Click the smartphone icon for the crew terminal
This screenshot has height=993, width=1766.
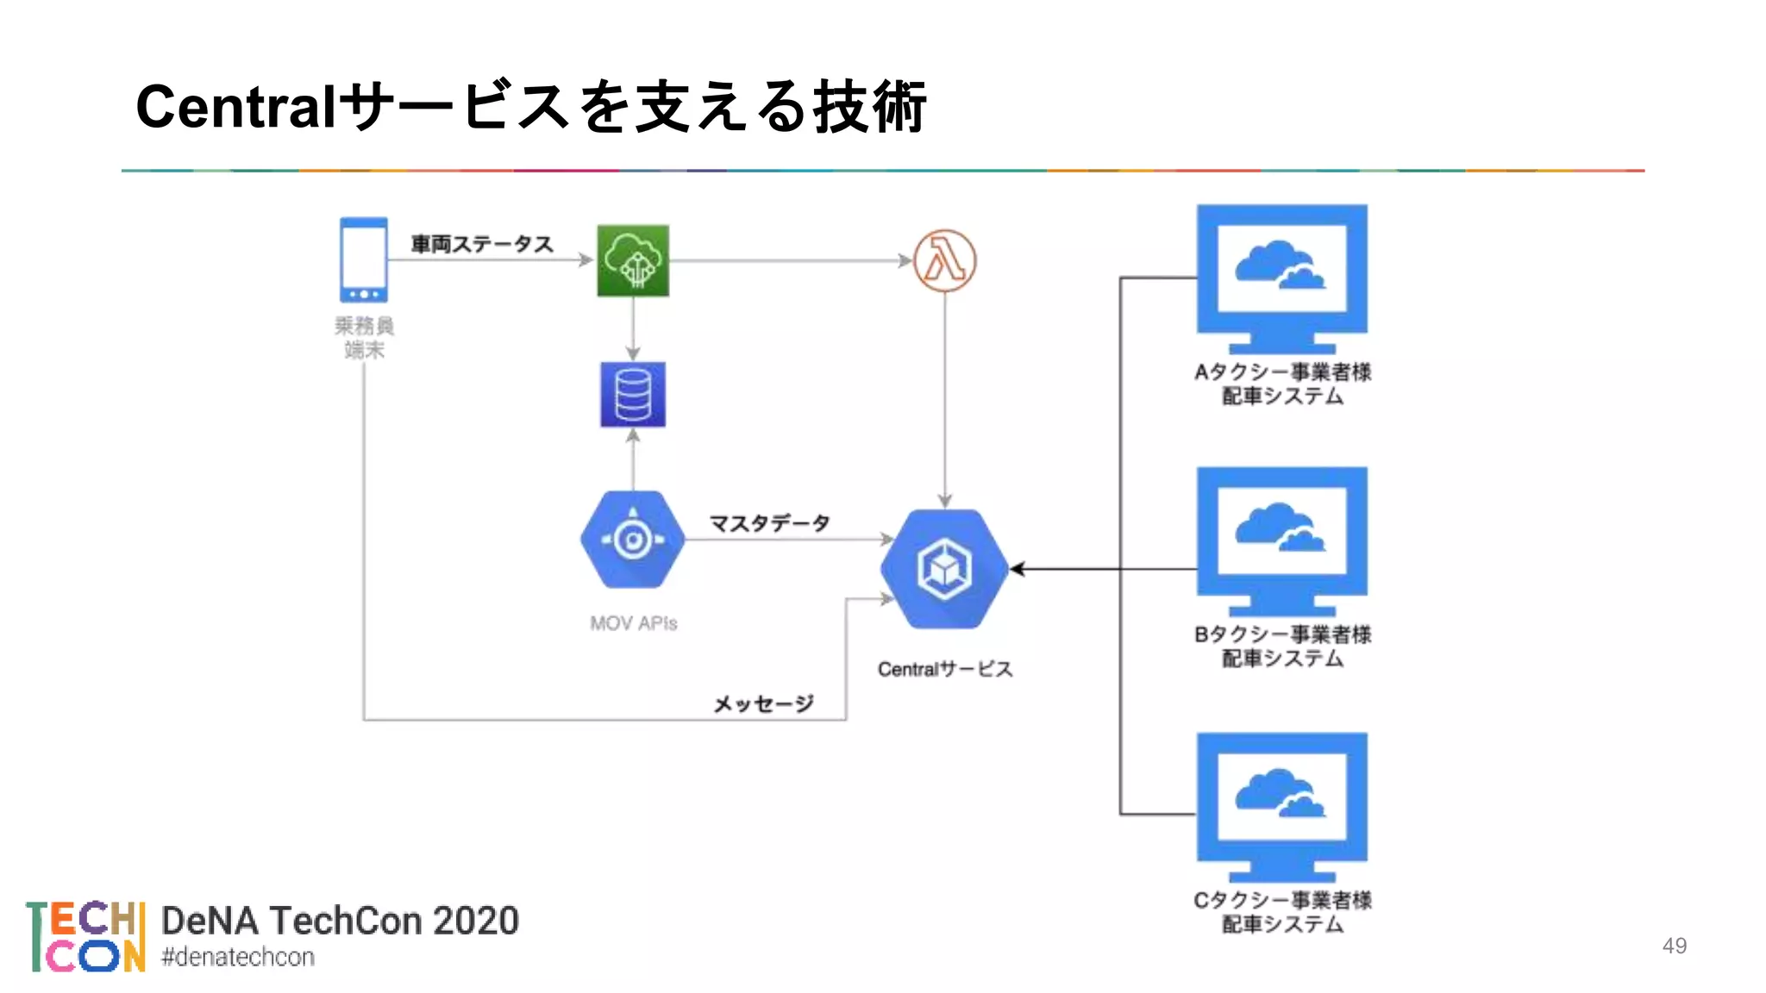click(363, 259)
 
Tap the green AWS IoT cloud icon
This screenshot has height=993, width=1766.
click(633, 260)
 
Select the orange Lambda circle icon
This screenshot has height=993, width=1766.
click(944, 260)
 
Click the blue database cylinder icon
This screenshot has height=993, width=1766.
click(633, 395)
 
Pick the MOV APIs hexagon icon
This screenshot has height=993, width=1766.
click(633, 540)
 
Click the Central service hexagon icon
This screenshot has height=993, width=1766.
click(944, 569)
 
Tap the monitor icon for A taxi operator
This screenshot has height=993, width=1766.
click(1281, 278)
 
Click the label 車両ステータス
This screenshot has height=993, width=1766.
click(481, 244)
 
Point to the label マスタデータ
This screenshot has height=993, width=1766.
click(769, 523)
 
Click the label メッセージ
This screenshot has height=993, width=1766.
click(763, 704)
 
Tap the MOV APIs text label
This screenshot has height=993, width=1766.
click(633, 623)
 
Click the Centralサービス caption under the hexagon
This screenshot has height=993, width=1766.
click(944, 669)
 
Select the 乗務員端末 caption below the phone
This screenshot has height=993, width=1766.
click(363, 338)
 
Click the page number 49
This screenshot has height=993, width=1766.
click(1674, 946)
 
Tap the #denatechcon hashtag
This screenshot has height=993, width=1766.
click(238, 957)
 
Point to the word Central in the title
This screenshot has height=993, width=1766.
click(235, 107)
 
